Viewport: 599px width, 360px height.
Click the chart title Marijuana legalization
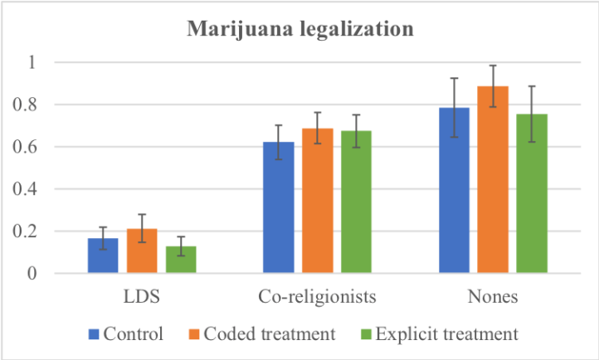[x=299, y=31]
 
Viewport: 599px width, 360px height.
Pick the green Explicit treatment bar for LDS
[x=181, y=260]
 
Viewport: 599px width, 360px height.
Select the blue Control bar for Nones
[x=453, y=192]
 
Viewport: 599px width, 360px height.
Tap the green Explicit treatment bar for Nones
[x=531, y=195]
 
